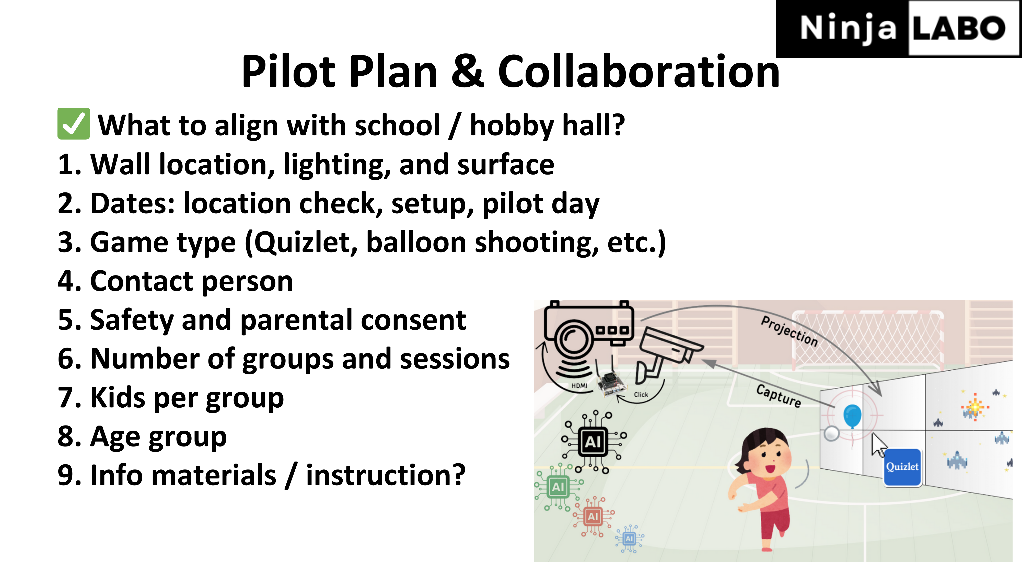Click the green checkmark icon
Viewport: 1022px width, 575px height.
[74, 124]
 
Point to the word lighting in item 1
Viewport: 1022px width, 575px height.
[337, 166]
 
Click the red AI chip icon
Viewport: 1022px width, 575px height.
[593, 516]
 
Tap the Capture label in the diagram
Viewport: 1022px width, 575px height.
[779, 395]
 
